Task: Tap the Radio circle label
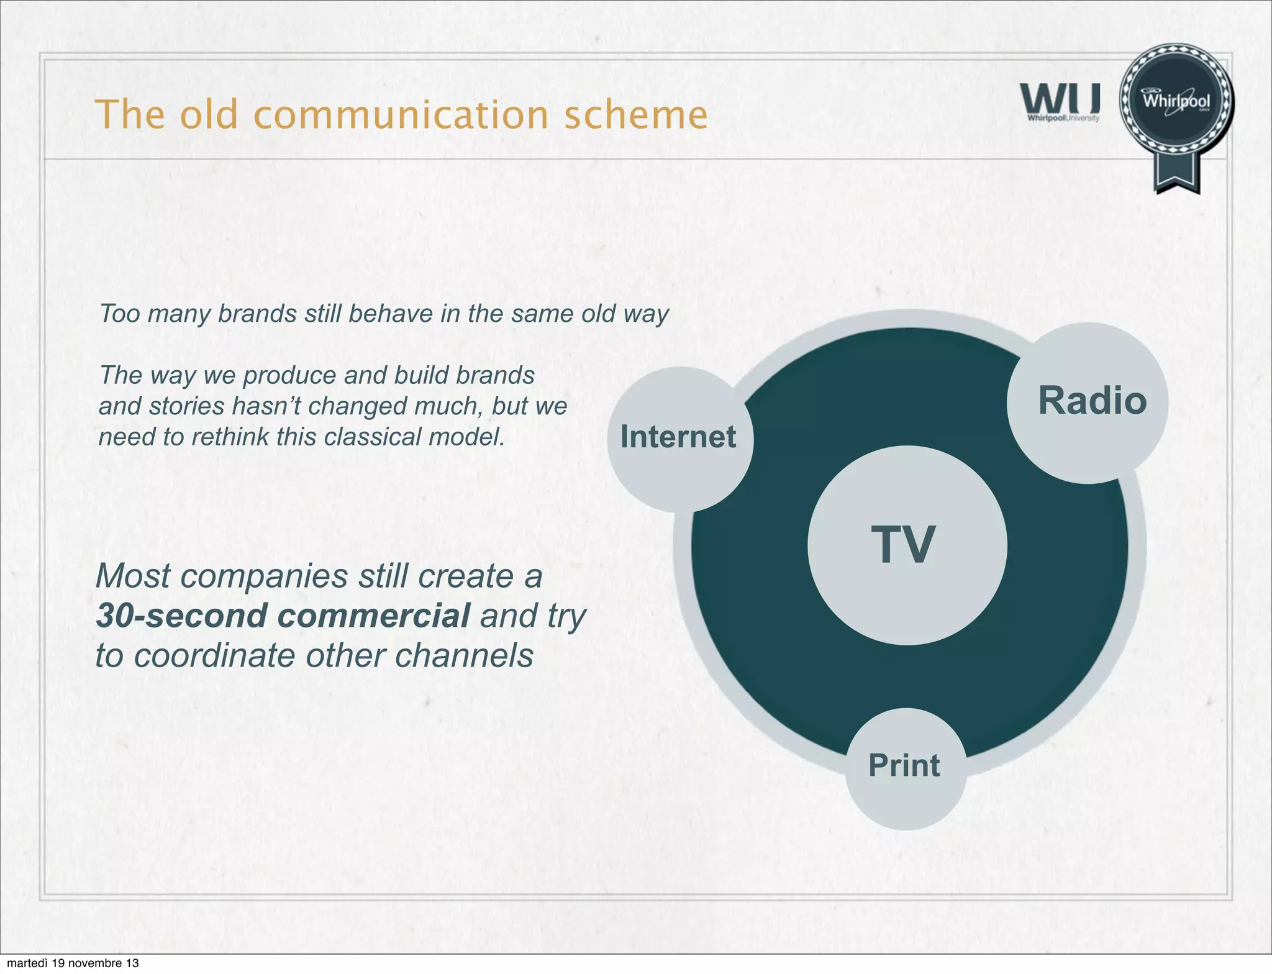1092,401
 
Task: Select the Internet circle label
678,437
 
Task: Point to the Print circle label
904,765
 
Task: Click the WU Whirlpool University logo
1060,102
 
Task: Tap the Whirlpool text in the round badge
1176,101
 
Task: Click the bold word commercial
373,616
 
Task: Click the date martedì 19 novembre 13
73,963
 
